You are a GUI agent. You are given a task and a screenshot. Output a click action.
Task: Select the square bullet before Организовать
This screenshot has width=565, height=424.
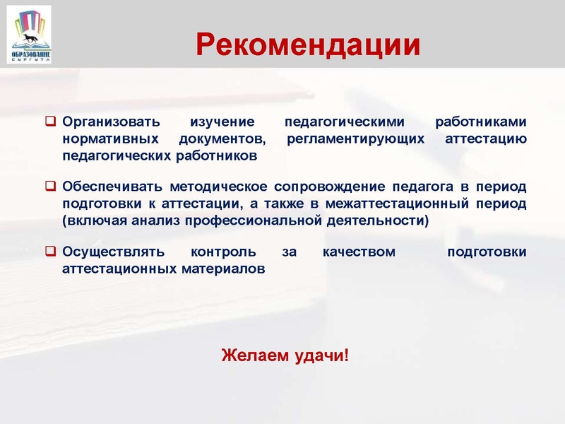tap(51, 122)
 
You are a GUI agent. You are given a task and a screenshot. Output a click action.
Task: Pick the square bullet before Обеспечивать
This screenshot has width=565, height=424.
tap(51, 187)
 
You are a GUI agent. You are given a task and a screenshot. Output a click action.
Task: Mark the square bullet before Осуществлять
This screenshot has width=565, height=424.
tap(51, 252)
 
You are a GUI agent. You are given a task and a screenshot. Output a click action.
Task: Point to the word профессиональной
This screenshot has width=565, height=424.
tap(257, 220)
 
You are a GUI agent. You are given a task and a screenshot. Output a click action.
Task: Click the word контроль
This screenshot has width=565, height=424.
tap(218, 252)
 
